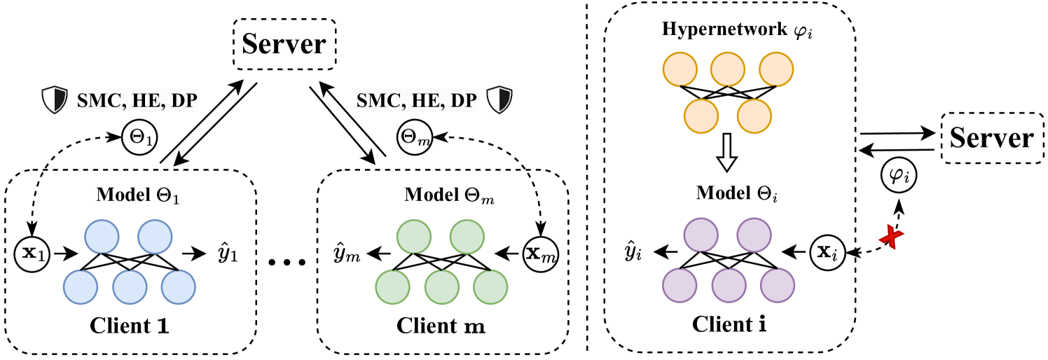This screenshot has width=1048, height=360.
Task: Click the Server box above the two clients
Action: point(284,43)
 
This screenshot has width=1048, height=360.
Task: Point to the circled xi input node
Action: point(827,251)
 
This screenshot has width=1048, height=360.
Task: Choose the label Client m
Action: point(441,326)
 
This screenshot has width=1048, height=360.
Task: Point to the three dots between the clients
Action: point(287,262)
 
